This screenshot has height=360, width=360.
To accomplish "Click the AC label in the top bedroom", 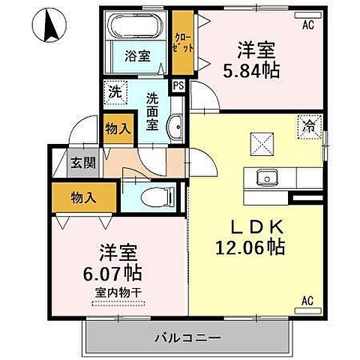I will (x=307, y=25).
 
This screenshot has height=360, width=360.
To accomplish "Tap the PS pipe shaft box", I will (x=178, y=86).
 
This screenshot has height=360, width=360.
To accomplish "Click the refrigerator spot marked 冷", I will (x=308, y=127).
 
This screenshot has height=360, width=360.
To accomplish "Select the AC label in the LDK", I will (x=307, y=301).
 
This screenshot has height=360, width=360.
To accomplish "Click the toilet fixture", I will (x=154, y=198).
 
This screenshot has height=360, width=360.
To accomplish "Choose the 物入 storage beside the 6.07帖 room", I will (x=84, y=197).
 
